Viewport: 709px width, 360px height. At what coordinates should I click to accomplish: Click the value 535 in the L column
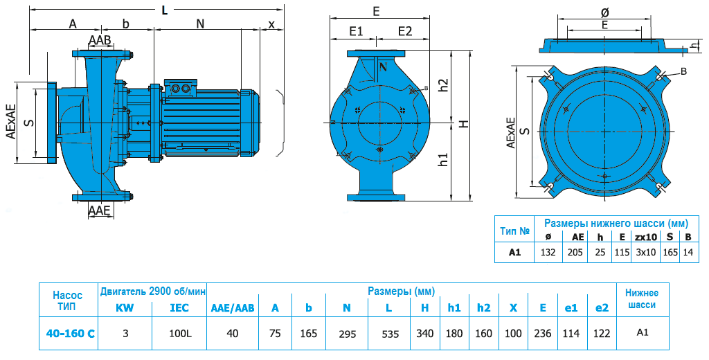pos(391,334)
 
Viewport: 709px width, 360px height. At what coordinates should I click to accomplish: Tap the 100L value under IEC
pos(180,333)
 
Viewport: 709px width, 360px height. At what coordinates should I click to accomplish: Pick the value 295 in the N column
pos(346,334)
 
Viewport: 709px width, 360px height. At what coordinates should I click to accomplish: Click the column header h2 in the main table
pos(483,308)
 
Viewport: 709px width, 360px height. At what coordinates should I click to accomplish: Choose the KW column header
pos(125,308)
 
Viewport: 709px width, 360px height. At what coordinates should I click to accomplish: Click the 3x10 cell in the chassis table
pos(645,253)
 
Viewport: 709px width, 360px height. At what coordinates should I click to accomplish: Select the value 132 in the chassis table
pos(548,253)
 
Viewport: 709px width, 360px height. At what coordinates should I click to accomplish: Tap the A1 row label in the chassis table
pos(514,253)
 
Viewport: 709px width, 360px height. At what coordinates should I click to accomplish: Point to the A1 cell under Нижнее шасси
pos(642,332)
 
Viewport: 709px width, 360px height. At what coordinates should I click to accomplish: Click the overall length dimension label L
pos(164,10)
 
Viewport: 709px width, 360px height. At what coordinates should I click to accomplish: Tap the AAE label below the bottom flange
pos(100,210)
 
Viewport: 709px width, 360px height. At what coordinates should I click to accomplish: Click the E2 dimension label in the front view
pos(405,31)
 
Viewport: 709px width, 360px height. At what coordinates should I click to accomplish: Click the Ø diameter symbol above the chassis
pos(604,12)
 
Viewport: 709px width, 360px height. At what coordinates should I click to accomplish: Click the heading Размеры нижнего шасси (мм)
pos(616,223)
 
